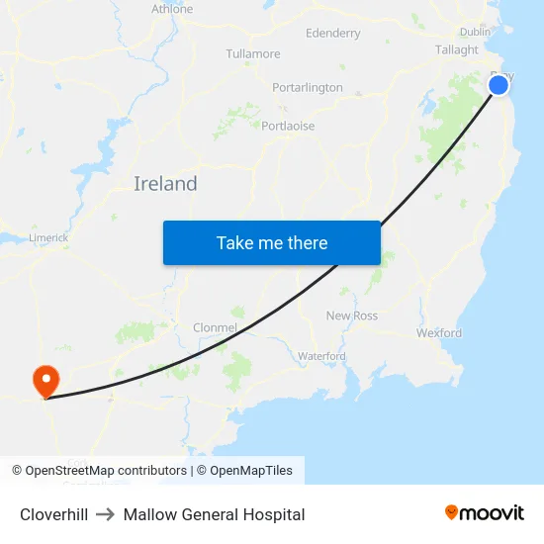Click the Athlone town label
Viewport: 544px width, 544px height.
172,9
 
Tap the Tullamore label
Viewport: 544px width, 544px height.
253,53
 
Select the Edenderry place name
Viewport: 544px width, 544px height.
333,33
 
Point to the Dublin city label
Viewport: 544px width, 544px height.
475,32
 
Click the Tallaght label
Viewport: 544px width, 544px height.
457,49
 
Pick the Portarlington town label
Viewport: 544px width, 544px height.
308,87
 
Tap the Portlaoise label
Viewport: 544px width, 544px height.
288,126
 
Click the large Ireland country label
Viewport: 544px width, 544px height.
165,183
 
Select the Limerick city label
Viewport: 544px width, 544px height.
47,237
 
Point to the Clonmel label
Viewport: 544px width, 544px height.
215,327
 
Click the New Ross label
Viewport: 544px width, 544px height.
352,316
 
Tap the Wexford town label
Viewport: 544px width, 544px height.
439,333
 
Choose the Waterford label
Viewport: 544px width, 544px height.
321,355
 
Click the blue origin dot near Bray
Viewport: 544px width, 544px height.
499,85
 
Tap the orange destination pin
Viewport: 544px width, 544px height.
45,380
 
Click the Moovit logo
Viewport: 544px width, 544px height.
485,513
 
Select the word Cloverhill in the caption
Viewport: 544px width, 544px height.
53,514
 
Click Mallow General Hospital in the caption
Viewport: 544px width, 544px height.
214,514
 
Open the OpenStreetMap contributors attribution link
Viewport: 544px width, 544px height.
105,471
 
